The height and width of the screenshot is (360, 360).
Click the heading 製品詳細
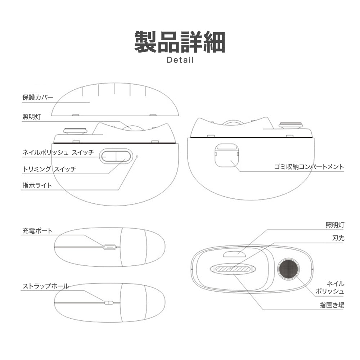(180, 42)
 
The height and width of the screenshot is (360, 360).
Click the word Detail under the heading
(180, 60)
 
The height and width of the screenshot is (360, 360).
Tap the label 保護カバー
(38, 97)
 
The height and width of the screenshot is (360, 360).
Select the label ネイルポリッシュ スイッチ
(58, 152)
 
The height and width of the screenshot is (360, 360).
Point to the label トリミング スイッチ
(49, 169)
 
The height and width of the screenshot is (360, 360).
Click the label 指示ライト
(37, 185)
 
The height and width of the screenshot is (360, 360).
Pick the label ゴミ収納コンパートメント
(309, 167)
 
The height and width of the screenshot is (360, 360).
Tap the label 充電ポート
(37, 231)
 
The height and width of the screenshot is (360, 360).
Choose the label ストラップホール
(46, 286)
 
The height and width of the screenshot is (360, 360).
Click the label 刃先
(338, 238)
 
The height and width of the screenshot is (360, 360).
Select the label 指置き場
(332, 305)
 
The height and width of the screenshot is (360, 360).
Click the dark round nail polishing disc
(288, 269)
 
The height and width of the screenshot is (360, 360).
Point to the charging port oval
(109, 247)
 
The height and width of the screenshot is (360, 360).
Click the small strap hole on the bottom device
(109, 303)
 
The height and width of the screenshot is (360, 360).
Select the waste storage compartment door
(227, 155)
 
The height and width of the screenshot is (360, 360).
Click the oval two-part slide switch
(116, 156)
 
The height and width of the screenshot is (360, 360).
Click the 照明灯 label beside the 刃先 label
(335, 225)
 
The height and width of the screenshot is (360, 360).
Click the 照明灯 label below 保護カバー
(32, 117)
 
